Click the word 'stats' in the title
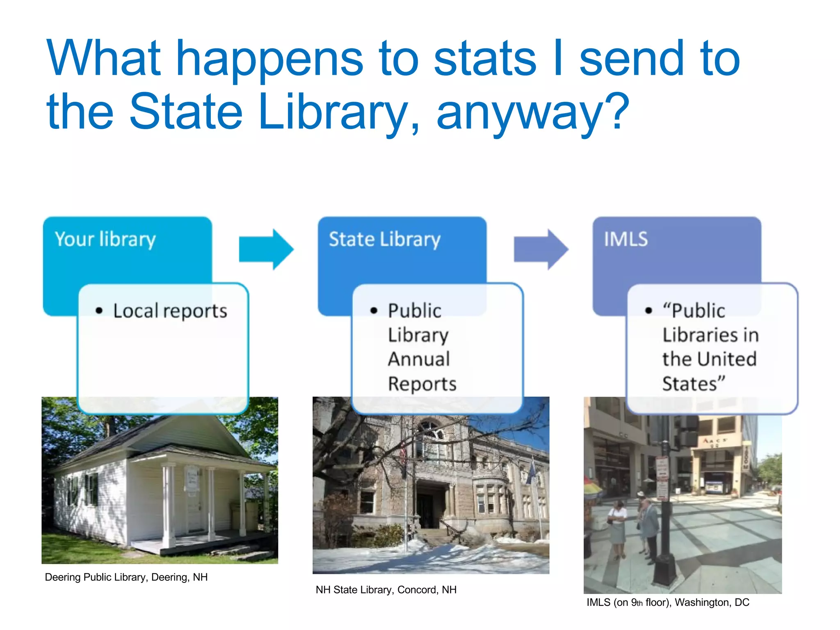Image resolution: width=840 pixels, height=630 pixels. pos(485,59)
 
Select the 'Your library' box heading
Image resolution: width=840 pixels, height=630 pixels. pos(105,239)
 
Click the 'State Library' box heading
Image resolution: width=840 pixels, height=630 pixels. pos(384,239)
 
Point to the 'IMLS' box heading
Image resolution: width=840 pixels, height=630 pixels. pos(625,239)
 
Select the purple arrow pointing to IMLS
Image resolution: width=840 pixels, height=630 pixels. pos(541,249)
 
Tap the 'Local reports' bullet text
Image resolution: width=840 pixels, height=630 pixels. pos(170,311)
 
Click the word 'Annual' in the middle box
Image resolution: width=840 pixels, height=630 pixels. pos(419,359)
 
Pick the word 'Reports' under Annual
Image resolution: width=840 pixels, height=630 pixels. pos(422,384)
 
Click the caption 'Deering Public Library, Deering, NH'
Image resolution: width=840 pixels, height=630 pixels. pos(126,577)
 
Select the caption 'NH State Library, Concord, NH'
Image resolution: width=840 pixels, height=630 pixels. pos(386,590)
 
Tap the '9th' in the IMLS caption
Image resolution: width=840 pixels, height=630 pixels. pos(637,603)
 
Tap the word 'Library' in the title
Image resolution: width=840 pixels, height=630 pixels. pos(332,112)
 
